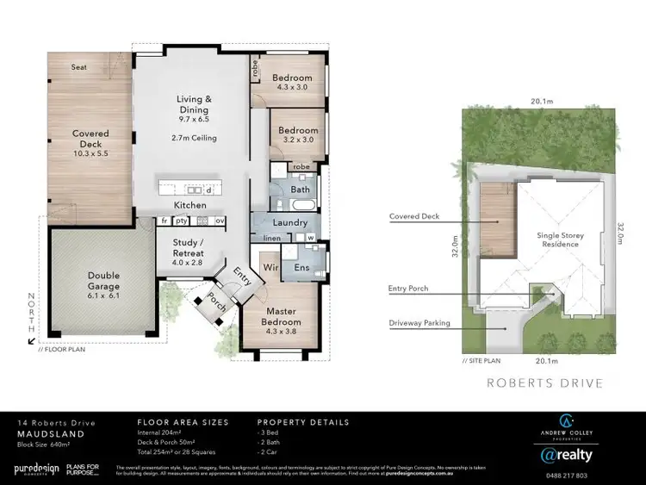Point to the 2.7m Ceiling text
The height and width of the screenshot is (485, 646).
click(x=194, y=138)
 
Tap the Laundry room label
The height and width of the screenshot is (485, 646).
click(x=291, y=221)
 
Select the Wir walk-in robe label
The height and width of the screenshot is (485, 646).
click(x=268, y=267)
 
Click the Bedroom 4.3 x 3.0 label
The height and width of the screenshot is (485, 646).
click(x=293, y=83)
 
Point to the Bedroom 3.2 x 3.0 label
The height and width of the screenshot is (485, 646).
click(x=297, y=135)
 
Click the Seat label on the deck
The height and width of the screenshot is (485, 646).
click(x=78, y=65)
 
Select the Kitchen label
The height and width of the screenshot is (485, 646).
click(x=189, y=206)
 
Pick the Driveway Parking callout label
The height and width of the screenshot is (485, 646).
click(x=419, y=324)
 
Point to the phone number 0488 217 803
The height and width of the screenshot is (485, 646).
click(x=567, y=475)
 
